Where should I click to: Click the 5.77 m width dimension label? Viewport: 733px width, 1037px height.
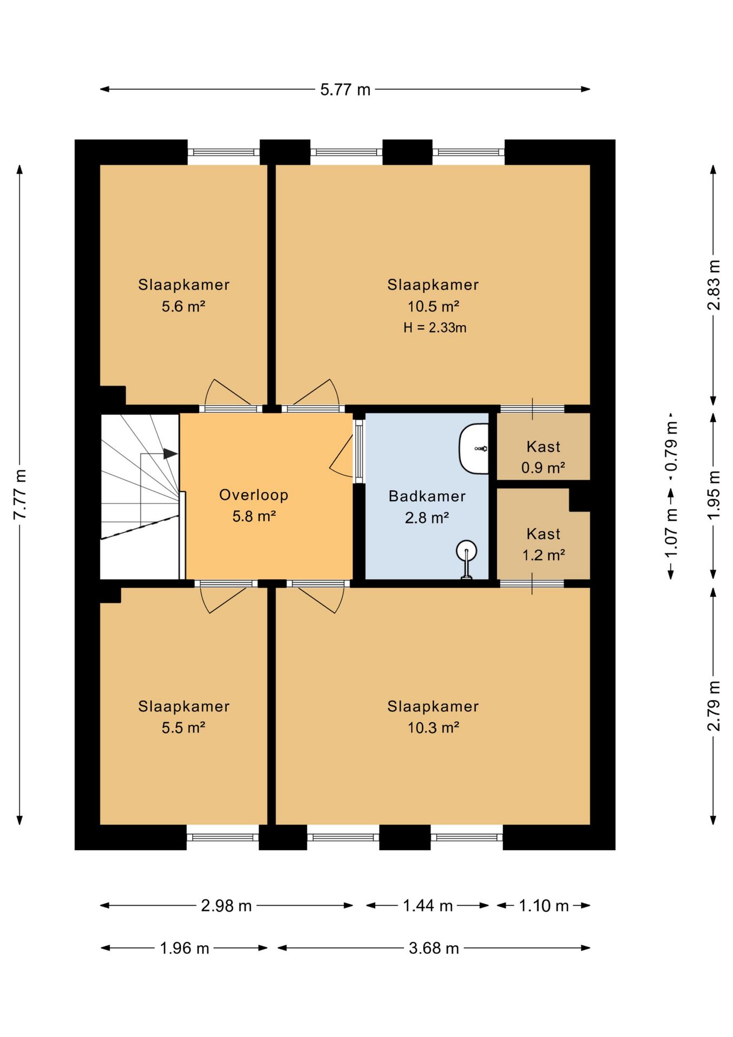pyautogui.click(x=345, y=89)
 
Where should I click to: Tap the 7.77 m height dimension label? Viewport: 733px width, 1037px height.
pyautogui.click(x=20, y=494)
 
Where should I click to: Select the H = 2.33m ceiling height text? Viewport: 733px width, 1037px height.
pyautogui.click(x=435, y=327)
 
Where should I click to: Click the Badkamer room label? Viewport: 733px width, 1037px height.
pyautogui.click(x=427, y=496)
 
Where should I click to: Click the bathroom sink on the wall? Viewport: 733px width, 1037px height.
pyautogui.click(x=473, y=448)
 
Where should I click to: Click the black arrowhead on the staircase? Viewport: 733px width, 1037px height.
pyautogui.click(x=171, y=454)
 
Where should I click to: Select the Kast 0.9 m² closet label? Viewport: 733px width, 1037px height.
pyautogui.click(x=543, y=457)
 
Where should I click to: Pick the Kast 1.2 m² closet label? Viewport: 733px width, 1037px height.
pyautogui.click(x=544, y=544)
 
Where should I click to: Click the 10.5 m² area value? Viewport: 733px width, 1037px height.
pyautogui.click(x=433, y=306)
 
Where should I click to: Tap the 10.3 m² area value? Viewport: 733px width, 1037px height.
pyautogui.click(x=433, y=728)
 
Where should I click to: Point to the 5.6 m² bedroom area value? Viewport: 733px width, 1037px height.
pyautogui.click(x=184, y=306)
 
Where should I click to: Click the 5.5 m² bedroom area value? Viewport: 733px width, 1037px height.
pyautogui.click(x=184, y=728)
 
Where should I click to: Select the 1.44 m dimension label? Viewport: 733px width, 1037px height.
pyautogui.click(x=427, y=905)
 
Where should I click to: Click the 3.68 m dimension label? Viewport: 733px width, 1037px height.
pyautogui.click(x=433, y=948)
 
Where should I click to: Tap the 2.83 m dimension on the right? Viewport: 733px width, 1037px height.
pyautogui.click(x=714, y=285)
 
